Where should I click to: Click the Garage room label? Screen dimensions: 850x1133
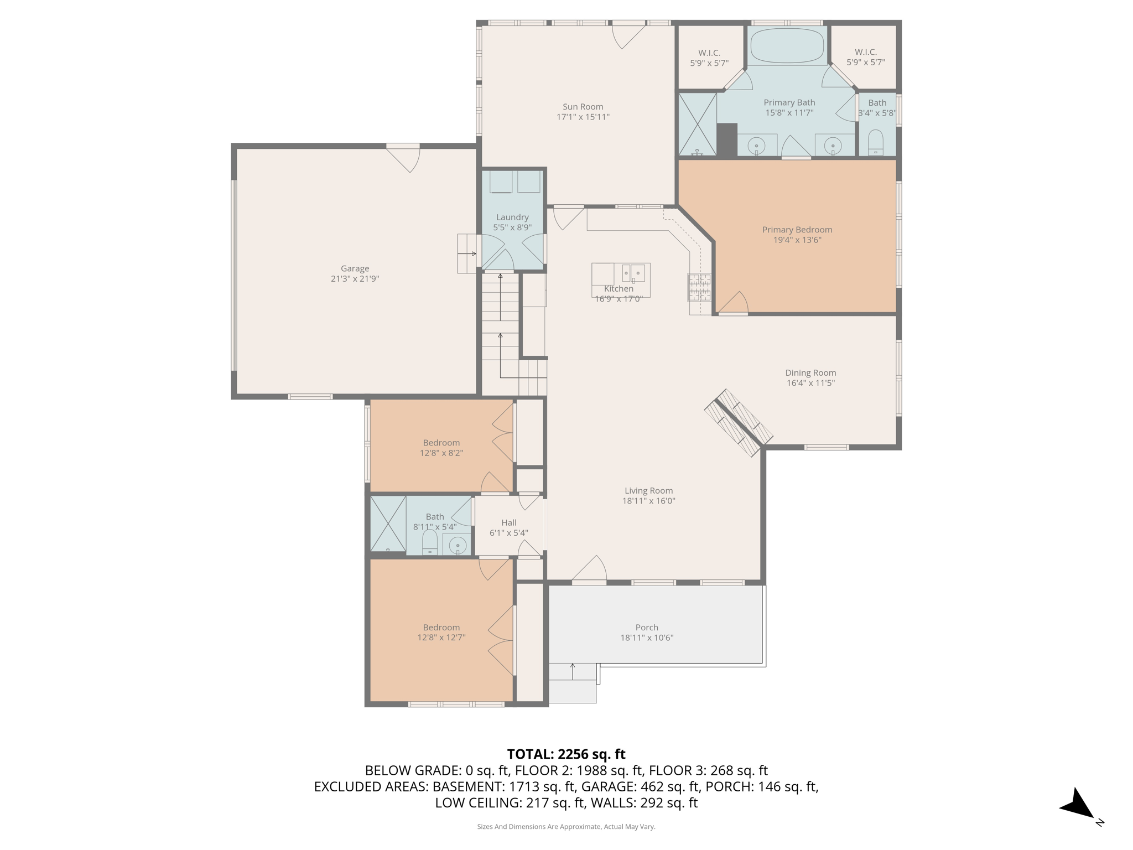coord(355,268)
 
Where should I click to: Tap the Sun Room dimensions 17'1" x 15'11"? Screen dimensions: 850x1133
coord(583,117)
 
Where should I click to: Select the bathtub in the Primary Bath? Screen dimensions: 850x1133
coord(787,45)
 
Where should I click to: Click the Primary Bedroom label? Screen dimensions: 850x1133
coord(797,230)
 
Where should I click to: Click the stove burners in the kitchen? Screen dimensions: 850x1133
coord(699,287)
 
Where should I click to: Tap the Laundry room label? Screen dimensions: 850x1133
coord(512,217)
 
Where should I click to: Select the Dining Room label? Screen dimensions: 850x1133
coord(810,373)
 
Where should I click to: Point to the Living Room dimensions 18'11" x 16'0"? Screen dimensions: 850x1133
coord(648,501)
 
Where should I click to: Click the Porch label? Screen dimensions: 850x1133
coord(647,628)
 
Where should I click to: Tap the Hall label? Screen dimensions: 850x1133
coord(509,522)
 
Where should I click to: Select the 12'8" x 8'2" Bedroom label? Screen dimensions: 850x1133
coord(441,443)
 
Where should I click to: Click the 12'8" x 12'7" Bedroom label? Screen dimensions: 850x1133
coord(441,628)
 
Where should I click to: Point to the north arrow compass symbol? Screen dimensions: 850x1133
coord(1079,805)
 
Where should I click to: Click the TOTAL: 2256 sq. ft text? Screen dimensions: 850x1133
coord(566,754)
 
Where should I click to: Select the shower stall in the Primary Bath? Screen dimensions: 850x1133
coord(697,124)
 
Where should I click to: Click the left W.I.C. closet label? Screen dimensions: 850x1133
coord(709,53)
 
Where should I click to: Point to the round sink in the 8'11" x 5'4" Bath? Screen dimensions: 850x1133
coord(458,546)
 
